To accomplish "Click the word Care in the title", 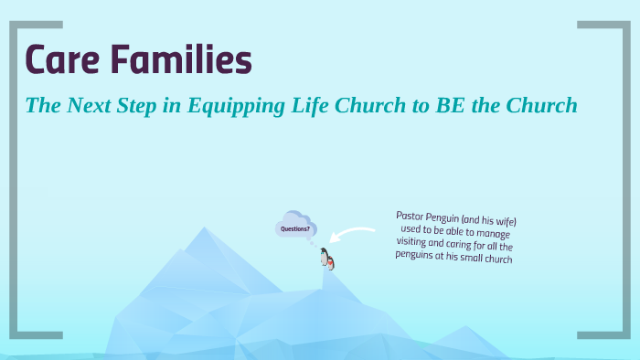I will coord(61,60).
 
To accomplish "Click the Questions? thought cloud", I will coord(295,227).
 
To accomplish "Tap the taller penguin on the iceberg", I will coord(324,258).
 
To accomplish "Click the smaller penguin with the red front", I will coord(330,263).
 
